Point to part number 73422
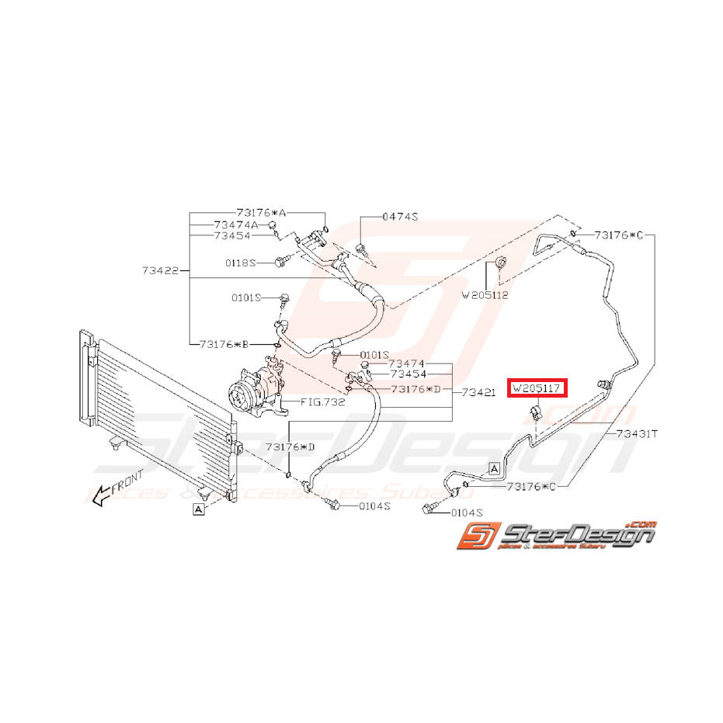click(x=161, y=271)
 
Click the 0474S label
click(x=400, y=217)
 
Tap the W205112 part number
click(x=485, y=295)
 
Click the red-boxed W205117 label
click(x=537, y=388)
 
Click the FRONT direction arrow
click(x=113, y=492)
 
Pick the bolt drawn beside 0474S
click(x=362, y=249)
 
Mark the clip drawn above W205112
click(x=501, y=264)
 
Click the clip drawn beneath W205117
click(x=536, y=411)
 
